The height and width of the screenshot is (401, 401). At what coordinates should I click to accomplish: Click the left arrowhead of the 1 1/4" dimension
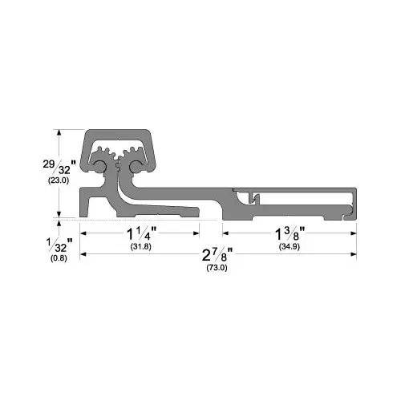click(x=82, y=233)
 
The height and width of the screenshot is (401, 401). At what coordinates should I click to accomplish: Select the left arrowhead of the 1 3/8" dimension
click(x=234, y=233)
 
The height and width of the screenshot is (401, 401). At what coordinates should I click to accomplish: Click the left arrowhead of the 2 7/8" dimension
click(x=82, y=255)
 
